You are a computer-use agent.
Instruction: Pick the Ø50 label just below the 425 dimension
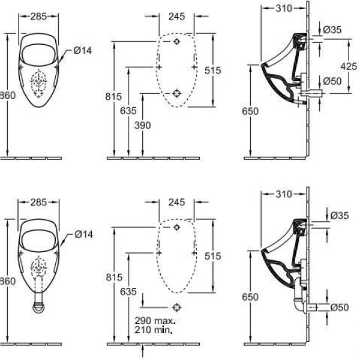coord(332,80)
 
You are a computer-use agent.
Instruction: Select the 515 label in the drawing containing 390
coord(212,70)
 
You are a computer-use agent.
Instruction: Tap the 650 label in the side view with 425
coord(253,110)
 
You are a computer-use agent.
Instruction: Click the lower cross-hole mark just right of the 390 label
coord(176,93)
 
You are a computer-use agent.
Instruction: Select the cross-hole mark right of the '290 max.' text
coord(176,307)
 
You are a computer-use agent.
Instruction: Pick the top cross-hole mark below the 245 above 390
coord(176,43)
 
